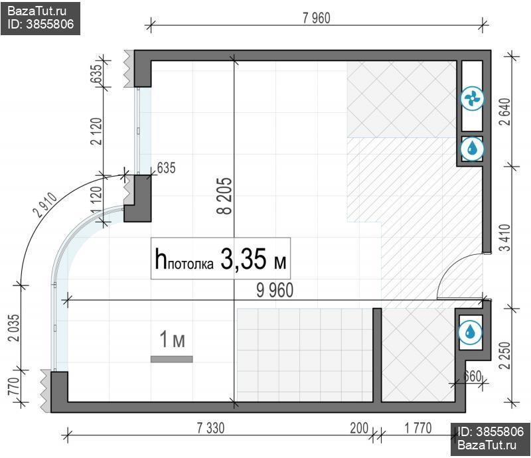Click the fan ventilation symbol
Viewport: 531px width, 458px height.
point(473,99)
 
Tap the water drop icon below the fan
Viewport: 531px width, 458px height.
point(473,149)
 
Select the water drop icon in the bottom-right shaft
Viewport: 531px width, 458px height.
point(470,333)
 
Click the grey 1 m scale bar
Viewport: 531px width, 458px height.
point(172,359)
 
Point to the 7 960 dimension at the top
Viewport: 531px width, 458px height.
point(317,18)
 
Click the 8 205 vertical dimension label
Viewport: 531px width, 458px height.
point(224,196)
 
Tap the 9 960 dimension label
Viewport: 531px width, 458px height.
point(275,291)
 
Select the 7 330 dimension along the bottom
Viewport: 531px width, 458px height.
point(210,428)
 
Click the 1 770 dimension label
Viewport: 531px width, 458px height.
point(418,428)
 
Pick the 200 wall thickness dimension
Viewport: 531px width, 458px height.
point(359,428)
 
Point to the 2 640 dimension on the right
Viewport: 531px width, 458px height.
point(504,112)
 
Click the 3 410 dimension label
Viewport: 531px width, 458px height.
point(504,238)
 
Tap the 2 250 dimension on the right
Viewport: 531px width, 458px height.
point(504,355)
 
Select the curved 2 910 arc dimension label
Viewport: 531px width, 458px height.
point(45,205)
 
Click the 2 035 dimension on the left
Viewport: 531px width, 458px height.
point(15,328)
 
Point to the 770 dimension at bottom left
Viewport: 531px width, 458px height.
point(13,386)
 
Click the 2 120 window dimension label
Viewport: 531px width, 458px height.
point(96,131)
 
